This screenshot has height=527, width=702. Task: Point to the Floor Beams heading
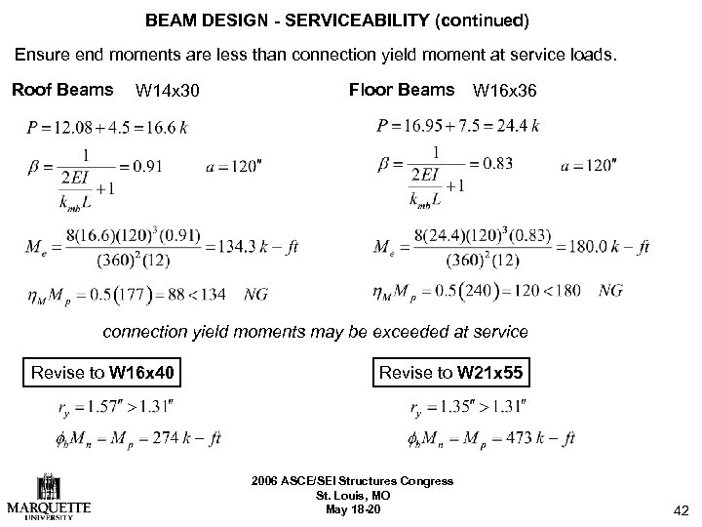point(401,91)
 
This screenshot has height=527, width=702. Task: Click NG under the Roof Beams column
point(256,292)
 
